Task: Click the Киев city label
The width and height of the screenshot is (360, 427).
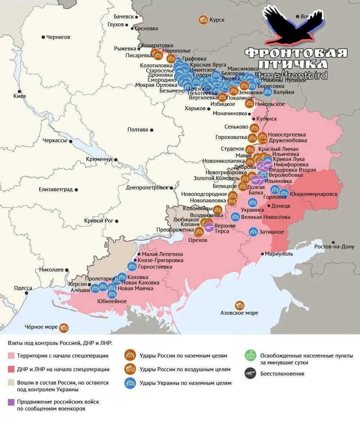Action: pyautogui.click(x=19, y=96)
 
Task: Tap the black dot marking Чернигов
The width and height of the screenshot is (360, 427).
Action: pyautogui.click(x=43, y=37)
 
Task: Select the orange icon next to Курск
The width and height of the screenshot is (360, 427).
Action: pyautogui.click(x=203, y=20)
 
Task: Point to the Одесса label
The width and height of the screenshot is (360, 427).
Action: pyautogui.click(x=23, y=288)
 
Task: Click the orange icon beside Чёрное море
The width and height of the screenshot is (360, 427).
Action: pyautogui.click(x=64, y=328)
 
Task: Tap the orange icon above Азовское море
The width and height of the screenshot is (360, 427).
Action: pyautogui.click(x=239, y=306)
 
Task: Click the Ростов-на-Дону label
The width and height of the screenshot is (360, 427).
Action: pyautogui.click(x=334, y=247)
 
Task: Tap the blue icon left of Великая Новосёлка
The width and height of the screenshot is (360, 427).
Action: pyautogui.click(x=235, y=217)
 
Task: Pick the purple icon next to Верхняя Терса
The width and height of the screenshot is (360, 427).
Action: pyautogui.click(x=209, y=227)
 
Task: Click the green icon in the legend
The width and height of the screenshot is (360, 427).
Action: pyautogui.click(x=250, y=355)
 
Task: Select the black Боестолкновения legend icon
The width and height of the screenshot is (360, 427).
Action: pyautogui.click(x=250, y=373)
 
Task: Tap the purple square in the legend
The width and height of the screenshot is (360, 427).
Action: pyautogui.click(x=11, y=401)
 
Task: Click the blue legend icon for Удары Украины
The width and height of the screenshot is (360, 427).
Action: pyautogui.click(x=130, y=383)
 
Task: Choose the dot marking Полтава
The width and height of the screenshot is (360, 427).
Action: pyautogui.click(x=152, y=130)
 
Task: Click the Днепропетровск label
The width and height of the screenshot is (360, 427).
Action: pyautogui.click(x=147, y=188)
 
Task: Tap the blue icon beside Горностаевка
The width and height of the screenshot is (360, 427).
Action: pyautogui.click(x=132, y=267)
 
